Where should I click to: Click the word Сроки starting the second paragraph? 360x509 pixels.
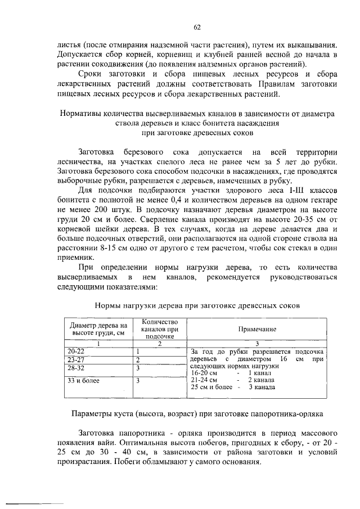click(92, 74)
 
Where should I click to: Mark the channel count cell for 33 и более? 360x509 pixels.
click(138, 380)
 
